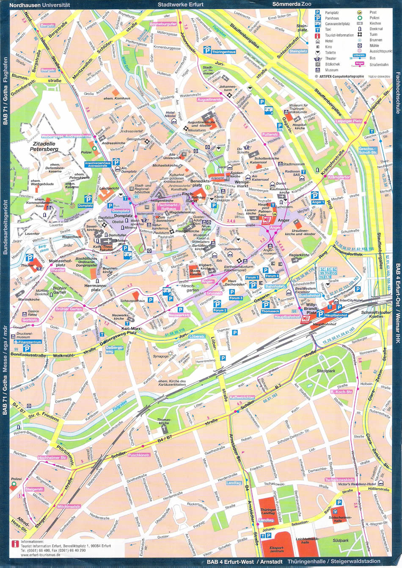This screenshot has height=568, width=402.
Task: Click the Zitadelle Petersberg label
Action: click(44, 146)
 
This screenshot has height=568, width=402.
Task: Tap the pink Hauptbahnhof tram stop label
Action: click(287, 317)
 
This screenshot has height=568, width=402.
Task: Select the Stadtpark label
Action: click(325, 371)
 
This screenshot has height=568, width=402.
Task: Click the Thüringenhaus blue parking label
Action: click(224, 52)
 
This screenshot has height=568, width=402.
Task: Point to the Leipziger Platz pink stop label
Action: click(349, 121)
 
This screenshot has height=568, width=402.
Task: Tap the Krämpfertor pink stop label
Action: click(339, 177)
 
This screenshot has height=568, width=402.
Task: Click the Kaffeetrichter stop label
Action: click(242, 397)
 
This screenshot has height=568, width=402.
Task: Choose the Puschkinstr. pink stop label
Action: click(139, 455)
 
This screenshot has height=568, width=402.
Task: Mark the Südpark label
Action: click(340, 540)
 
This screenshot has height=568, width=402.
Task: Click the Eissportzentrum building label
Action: click(277, 549)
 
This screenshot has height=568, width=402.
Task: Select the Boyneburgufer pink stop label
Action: click(163, 24)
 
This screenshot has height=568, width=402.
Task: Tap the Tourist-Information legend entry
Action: click(339, 35)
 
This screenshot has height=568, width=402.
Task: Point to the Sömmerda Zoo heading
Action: click(292, 4)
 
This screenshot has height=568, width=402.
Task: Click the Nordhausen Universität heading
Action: click(40, 5)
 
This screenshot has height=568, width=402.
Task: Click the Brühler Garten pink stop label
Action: click(69, 309)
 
